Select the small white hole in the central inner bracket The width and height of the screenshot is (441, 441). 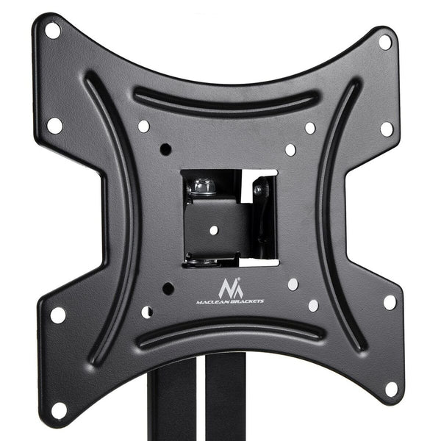click(x=214, y=229)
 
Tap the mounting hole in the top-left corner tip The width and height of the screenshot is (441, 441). click(x=52, y=31)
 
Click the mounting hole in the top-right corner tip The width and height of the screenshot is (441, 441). click(x=384, y=43)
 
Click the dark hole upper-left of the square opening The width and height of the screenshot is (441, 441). click(x=165, y=149)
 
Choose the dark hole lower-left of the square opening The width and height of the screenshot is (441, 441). click(x=168, y=288)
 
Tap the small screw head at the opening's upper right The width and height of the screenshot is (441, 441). click(x=259, y=190)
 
